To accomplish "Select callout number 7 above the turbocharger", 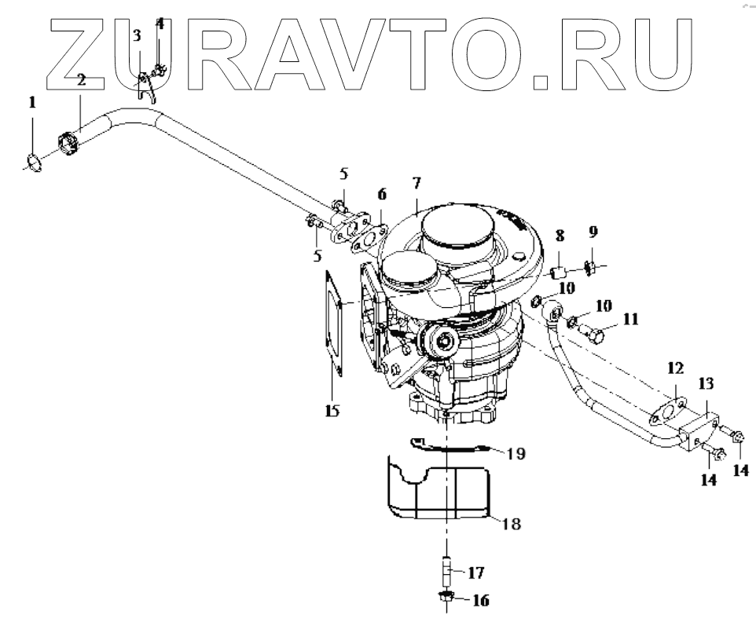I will [417, 183].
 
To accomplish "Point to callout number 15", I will [334, 410].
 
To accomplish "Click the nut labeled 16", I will [446, 601].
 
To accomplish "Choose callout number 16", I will [479, 601].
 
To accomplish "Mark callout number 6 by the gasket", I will [382, 194].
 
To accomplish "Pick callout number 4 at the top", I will [160, 24].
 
